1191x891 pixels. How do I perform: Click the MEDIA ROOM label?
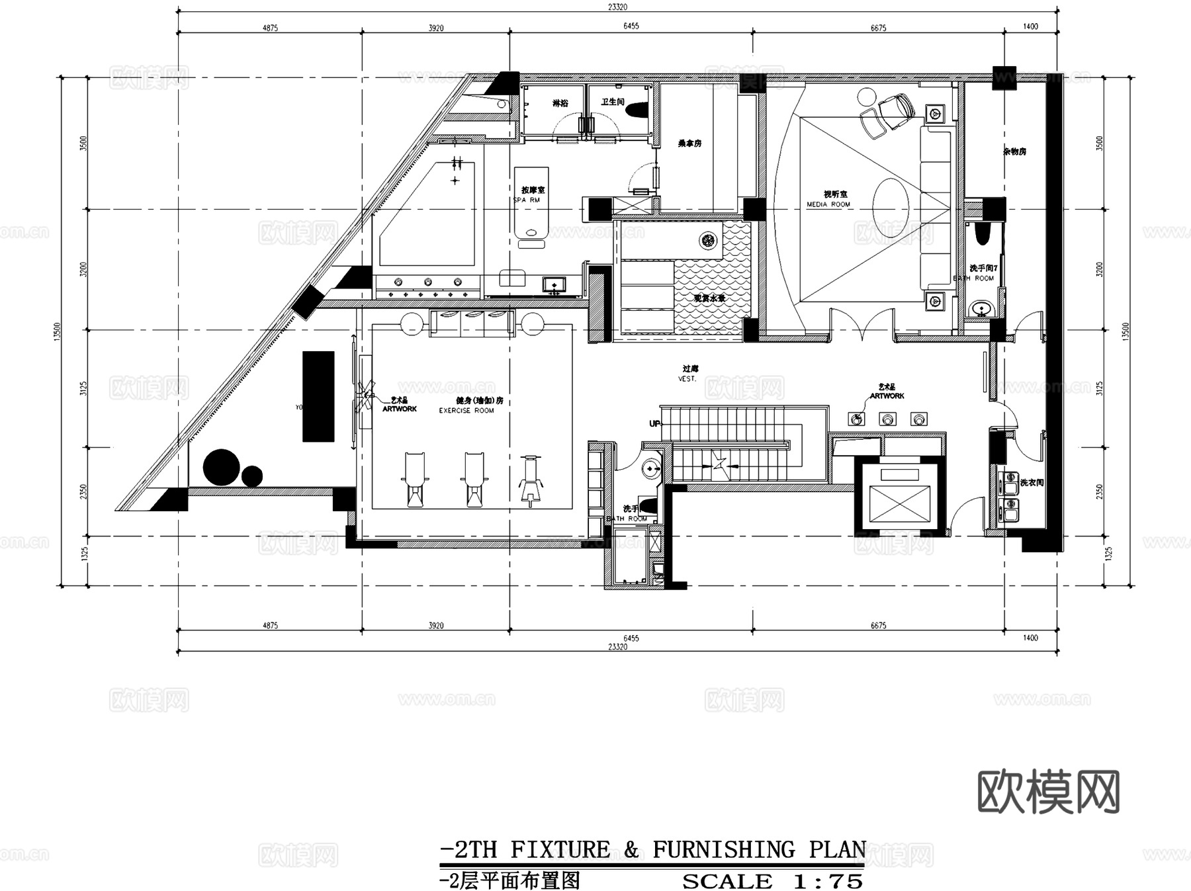pos(828,205)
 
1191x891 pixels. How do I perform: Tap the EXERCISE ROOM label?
pos(466,411)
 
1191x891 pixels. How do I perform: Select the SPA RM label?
pos(527,200)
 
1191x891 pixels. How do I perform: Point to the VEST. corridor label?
pos(687,379)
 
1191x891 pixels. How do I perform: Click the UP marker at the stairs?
pos(654,423)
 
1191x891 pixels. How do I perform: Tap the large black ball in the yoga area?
pos(221,468)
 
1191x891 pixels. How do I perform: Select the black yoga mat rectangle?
pos(318,396)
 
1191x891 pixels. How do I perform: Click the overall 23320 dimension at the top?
pos(617,7)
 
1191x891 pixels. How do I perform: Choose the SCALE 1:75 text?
pos(772,881)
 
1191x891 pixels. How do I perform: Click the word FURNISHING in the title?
pos(724,849)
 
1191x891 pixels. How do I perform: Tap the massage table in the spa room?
pos(531,204)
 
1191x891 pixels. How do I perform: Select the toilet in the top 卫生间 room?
pos(637,109)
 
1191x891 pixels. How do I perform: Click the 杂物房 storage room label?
pos(1014,151)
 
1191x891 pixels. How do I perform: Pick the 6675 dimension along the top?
pos(878,28)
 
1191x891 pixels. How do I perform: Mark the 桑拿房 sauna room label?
pos(689,143)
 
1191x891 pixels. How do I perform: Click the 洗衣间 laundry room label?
pos(1032,483)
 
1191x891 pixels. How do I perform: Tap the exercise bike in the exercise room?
pos(530,480)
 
